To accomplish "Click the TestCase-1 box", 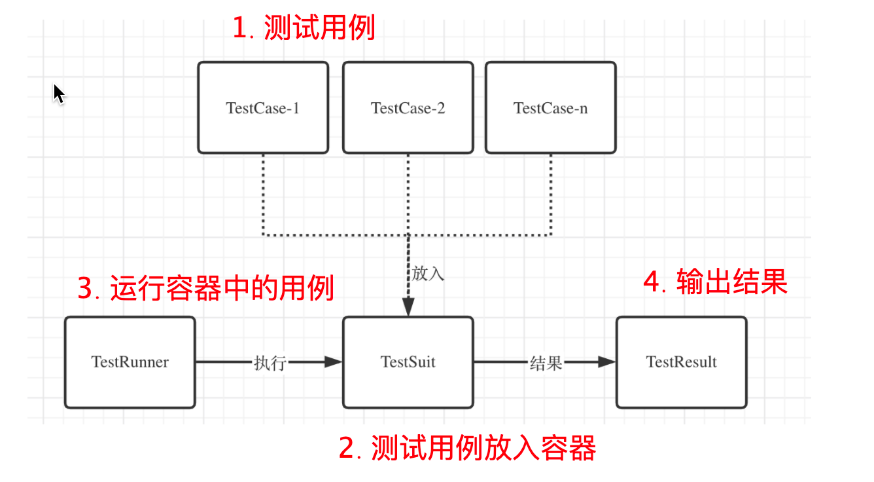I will [x=263, y=108].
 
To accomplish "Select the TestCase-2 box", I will [x=408, y=108].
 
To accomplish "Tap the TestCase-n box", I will [x=550, y=108].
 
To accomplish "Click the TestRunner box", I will [x=130, y=362].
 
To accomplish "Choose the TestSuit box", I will [x=408, y=362].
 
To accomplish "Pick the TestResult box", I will [x=681, y=362].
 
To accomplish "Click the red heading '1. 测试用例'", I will [x=304, y=29].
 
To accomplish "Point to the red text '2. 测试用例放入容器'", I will [x=467, y=449].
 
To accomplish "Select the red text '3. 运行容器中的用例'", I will [x=206, y=288].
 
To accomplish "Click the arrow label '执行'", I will [x=270, y=363].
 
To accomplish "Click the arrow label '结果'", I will [x=546, y=363].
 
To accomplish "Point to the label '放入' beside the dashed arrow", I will [x=428, y=274].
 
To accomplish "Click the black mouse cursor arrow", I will [x=59, y=94].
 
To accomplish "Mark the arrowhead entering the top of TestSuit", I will [x=408, y=308].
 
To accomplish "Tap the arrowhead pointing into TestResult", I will [x=606, y=361].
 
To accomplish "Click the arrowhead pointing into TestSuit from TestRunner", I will [x=334, y=361].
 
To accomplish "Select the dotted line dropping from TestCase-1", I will [x=263, y=193].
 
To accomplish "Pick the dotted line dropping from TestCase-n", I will [x=551, y=193].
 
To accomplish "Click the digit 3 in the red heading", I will [x=85, y=289].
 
